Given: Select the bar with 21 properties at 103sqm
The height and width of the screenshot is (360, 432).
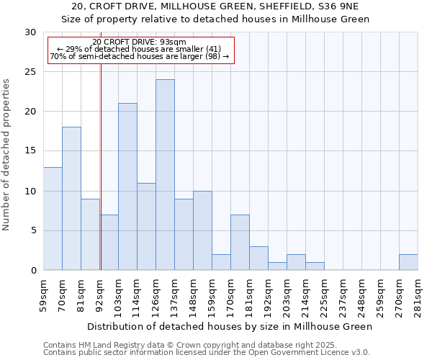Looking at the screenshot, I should click(127, 186).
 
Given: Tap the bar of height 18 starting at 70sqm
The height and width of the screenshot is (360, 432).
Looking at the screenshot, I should click(71, 199).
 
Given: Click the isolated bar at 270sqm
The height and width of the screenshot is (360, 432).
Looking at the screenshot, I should click(408, 262).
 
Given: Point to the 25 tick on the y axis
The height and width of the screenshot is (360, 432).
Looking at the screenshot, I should click(30, 72).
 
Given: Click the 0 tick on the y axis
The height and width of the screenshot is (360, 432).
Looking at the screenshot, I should click(33, 271).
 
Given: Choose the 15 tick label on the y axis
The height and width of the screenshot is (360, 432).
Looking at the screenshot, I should click(30, 151).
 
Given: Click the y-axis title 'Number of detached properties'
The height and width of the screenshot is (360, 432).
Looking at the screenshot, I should click(7, 155).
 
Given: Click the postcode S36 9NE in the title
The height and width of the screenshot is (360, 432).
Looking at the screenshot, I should click(330, 6).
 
